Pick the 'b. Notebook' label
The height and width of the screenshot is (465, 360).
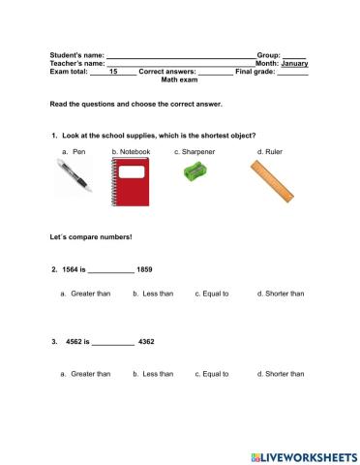[x=131, y=152]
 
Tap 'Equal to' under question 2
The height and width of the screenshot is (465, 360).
[x=216, y=294]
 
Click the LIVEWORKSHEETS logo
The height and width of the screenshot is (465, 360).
[x=303, y=454]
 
